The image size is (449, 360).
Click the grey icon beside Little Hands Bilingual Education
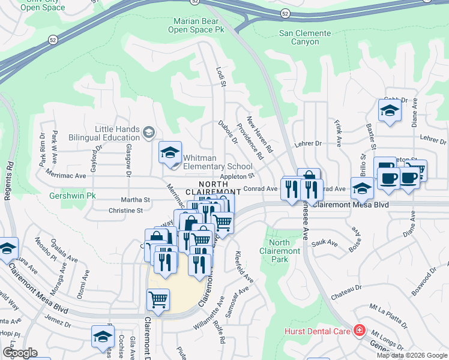click(x=148, y=131)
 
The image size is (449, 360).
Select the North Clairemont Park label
click(x=280, y=251)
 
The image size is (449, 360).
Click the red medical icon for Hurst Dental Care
click(x=359, y=330)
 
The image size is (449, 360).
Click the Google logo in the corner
click(x=20, y=352)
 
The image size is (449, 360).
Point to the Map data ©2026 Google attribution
click(x=412, y=355)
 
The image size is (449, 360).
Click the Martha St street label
click(x=137, y=199)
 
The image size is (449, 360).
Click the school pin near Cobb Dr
click(x=390, y=110)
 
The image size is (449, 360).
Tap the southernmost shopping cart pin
click(x=158, y=299)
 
